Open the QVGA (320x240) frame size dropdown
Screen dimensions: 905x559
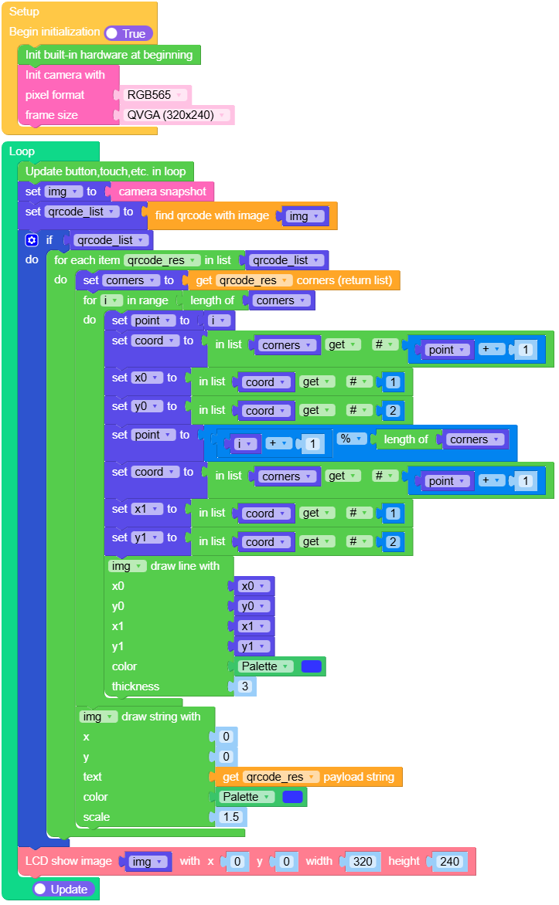[177, 115]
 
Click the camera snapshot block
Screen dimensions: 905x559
[162, 192]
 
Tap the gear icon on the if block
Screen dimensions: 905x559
[32, 240]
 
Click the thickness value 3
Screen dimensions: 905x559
[245, 686]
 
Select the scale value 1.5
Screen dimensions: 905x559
[230, 817]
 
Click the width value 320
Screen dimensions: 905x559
[363, 861]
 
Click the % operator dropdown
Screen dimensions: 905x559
[352, 439]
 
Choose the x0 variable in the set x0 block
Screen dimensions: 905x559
[145, 378]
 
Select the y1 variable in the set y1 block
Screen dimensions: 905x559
[145, 537]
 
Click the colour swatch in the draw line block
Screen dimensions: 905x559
[312, 666]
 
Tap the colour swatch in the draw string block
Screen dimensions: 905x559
[293, 797]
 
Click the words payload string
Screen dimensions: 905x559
[358, 777]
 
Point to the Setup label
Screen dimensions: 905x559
[25, 12]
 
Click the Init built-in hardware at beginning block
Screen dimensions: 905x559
[109, 55]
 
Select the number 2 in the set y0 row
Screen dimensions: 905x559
[393, 411]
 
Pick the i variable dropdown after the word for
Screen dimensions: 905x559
[112, 300]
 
